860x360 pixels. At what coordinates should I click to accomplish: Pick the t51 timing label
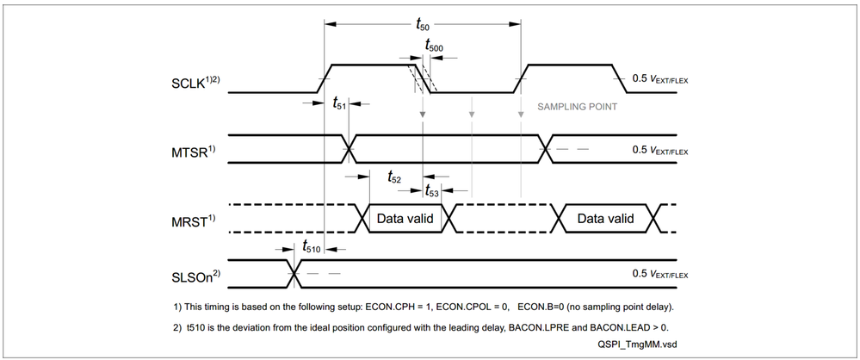click(339, 102)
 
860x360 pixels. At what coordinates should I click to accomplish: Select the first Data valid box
click(405, 219)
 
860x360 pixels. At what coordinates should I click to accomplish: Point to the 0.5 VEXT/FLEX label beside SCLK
click(660, 79)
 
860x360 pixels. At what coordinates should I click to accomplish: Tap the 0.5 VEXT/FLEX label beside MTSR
click(660, 149)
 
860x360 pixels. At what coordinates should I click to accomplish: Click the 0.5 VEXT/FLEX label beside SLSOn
click(660, 274)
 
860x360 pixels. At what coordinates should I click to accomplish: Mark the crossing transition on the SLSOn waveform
click(294, 274)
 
